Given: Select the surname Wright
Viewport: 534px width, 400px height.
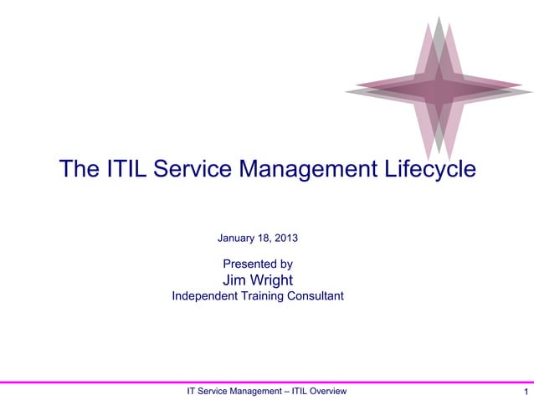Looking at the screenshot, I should point(271,279).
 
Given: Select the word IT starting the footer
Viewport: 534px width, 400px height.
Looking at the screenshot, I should point(191,391).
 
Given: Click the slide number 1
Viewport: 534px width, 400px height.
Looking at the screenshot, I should point(525,392).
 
